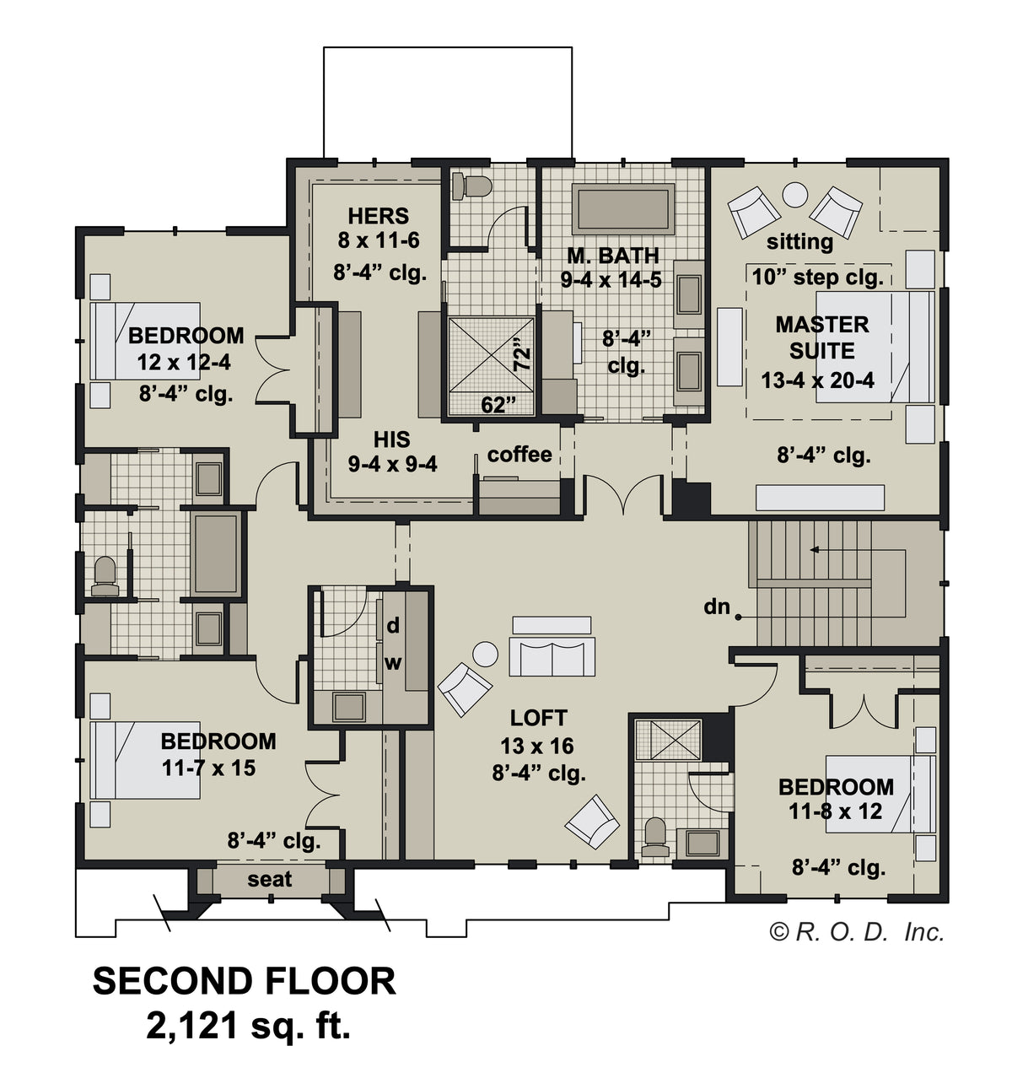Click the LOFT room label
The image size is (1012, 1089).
click(538, 718)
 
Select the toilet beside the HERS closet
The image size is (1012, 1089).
click(471, 187)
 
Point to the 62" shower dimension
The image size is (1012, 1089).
click(498, 405)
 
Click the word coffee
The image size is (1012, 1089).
click(519, 455)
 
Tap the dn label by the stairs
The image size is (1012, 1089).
click(717, 606)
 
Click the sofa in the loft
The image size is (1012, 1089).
click(552, 656)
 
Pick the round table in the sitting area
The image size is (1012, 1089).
click(794, 195)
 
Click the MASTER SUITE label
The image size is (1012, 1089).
click(821, 337)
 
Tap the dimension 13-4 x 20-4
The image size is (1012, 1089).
click(817, 380)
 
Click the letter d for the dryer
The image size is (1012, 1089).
click(393, 626)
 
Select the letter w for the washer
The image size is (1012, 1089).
click(393, 664)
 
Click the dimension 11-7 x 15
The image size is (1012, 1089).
click(208, 768)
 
